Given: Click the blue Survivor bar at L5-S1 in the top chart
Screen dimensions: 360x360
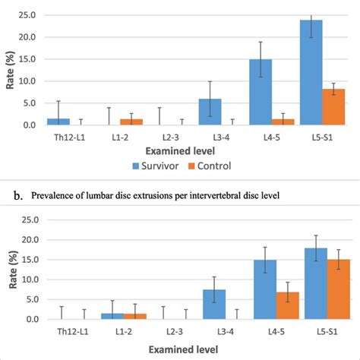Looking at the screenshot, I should click(311, 73).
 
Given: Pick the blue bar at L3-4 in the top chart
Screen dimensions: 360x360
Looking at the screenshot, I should click(210, 112).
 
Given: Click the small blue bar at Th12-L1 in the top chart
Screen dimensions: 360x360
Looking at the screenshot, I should click(59, 122).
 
